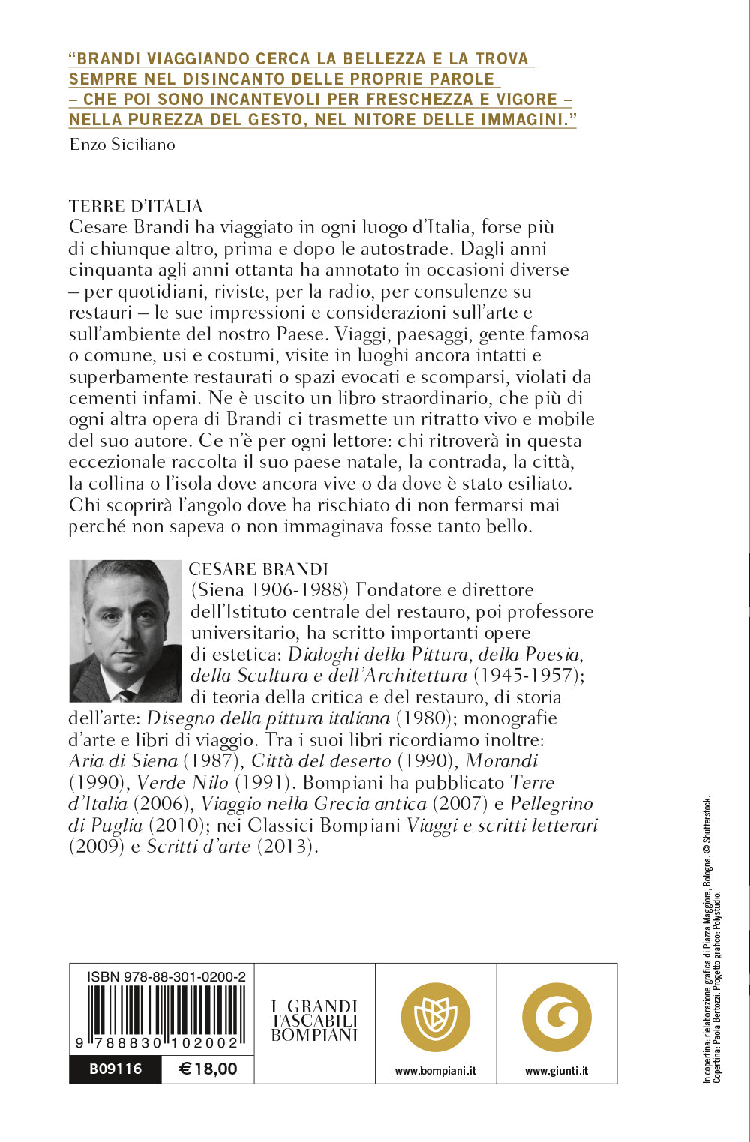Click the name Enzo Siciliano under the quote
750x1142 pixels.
point(122,145)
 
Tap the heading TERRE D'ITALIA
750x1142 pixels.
point(136,206)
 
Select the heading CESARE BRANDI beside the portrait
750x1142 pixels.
point(259,569)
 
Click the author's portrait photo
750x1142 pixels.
point(125,631)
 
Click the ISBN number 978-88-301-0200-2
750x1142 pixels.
point(166,976)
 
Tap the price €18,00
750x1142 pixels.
point(208,1069)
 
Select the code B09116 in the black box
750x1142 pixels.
point(115,1069)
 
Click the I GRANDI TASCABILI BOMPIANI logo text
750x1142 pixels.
point(314,1021)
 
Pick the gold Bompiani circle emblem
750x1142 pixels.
point(436,1018)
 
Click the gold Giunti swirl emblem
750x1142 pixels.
point(556,1018)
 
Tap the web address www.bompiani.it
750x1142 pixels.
point(436,1071)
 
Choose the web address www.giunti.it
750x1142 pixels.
point(556,1071)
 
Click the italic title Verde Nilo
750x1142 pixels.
point(182,782)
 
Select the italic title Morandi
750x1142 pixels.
point(502,760)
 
